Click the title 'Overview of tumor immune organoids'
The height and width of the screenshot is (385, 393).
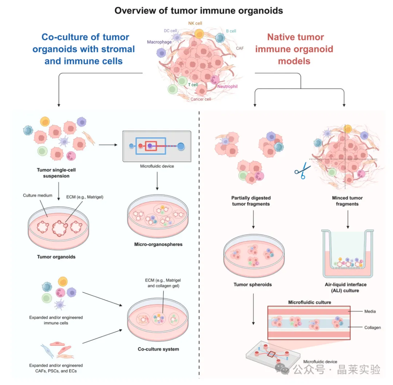(x=199, y=10)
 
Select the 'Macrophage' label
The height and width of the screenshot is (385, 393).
(x=159, y=42)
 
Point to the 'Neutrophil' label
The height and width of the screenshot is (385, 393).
(x=227, y=86)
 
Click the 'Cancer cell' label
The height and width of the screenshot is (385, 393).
(x=201, y=99)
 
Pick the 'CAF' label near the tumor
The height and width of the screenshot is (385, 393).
(x=240, y=48)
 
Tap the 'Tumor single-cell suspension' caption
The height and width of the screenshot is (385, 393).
(x=56, y=173)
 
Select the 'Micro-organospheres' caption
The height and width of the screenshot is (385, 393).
(x=158, y=244)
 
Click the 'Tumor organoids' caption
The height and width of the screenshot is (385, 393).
(x=56, y=257)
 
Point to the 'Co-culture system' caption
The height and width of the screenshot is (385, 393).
(x=158, y=349)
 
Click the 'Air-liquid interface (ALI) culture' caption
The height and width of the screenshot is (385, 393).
(x=346, y=287)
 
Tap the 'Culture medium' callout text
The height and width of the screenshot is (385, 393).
(x=35, y=195)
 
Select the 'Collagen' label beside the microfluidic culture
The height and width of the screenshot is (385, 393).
(x=372, y=328)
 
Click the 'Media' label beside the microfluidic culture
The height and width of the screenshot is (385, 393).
(x=370, y=311)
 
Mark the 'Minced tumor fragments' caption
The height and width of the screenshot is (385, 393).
(x=347, y=201)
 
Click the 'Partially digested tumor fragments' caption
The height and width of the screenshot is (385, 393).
(x=251, y=201)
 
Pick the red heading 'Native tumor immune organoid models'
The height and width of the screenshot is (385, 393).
(x=295, y=49)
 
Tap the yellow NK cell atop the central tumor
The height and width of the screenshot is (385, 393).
(x=199, y=34)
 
